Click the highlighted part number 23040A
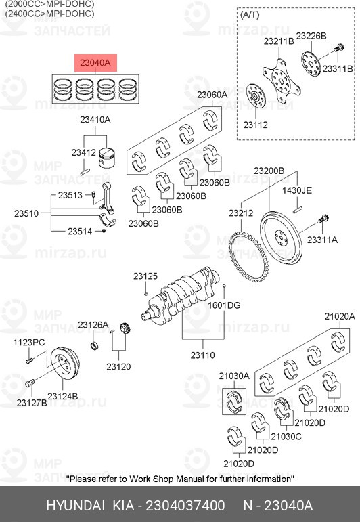(x=95, y=62)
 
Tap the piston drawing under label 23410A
(x=107, y=158)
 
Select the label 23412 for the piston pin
(x=83, y=152)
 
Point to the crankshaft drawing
(x=181, y=294)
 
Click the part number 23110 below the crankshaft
(x=202, y=355)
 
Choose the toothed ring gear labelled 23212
(x=250, y=257)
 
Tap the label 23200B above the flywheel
(x=269, y=171)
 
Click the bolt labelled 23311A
(x=323, y=219)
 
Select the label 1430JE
(x=297, y=190)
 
